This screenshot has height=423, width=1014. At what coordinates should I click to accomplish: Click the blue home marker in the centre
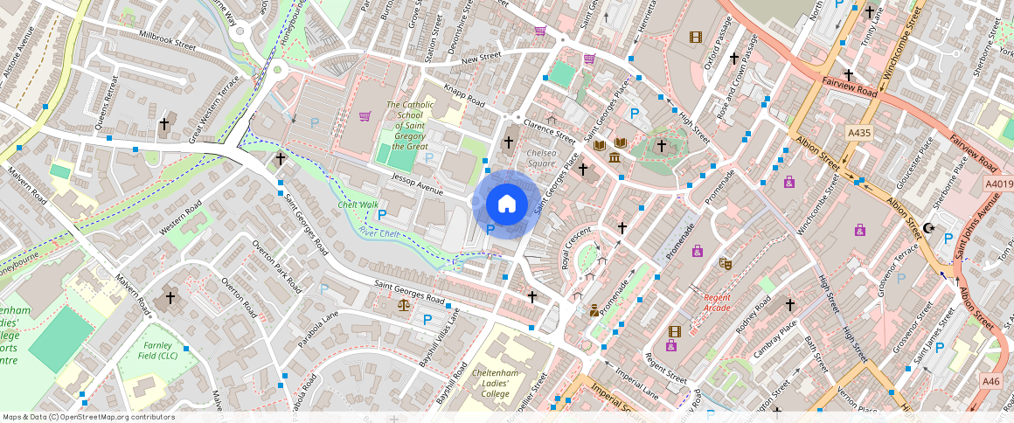506,204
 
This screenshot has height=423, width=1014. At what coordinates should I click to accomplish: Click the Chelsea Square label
542,158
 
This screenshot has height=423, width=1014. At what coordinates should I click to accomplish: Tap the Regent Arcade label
717,302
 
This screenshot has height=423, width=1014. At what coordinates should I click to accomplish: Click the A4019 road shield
997,184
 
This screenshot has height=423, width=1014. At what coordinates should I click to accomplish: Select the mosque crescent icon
928,229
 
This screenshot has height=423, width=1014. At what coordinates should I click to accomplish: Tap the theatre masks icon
725,263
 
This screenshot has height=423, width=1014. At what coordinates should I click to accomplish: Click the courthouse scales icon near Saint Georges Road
403,305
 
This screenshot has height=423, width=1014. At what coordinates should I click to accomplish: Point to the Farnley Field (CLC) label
159,350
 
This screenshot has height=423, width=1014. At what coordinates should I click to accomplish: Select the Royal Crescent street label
576,248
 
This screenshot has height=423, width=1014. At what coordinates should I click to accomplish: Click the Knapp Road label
464,97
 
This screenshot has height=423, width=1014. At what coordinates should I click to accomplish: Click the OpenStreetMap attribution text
88,417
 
